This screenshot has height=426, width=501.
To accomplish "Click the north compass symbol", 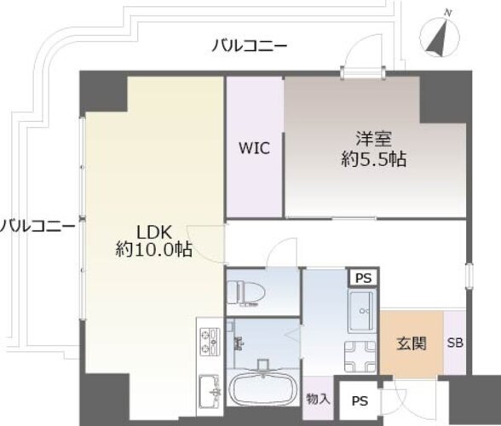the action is point(440,36).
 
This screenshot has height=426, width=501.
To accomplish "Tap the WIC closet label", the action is point(254,148).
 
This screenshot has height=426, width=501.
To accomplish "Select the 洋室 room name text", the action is point(374,139).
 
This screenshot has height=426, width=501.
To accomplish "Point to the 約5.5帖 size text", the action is point(374,158).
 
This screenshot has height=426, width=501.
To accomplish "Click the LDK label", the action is point(154,233).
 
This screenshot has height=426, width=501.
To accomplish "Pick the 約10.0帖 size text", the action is point(154,250).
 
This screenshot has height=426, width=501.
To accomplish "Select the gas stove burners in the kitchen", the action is point(210,342).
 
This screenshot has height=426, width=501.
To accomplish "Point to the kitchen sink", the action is point(210,391).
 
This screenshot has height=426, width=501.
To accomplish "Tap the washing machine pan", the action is point(360,356).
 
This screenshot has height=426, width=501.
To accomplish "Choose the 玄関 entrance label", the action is point(412,344).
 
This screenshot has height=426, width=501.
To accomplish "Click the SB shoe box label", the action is point(455,343).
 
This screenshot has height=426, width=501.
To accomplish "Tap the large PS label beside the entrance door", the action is point(360,400).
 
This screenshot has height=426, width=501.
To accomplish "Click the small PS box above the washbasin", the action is point(364,278).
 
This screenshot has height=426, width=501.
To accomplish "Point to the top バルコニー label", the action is point(250,46).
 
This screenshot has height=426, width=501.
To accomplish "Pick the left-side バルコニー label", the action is point(37,227).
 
